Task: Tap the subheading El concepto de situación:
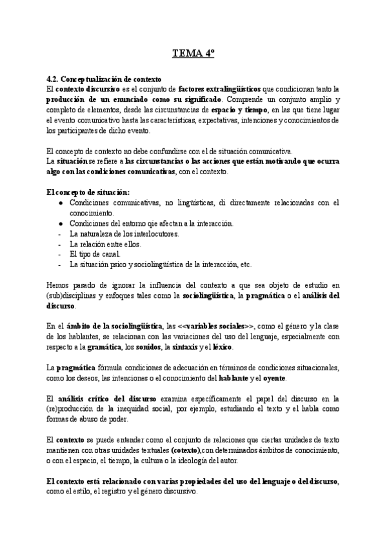point(88,192)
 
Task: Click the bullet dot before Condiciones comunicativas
point(60,203)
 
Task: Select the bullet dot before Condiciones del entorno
point(60,223)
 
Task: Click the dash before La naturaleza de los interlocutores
point(59,234)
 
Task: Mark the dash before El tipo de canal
point(59,254)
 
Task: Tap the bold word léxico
point(239,348)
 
